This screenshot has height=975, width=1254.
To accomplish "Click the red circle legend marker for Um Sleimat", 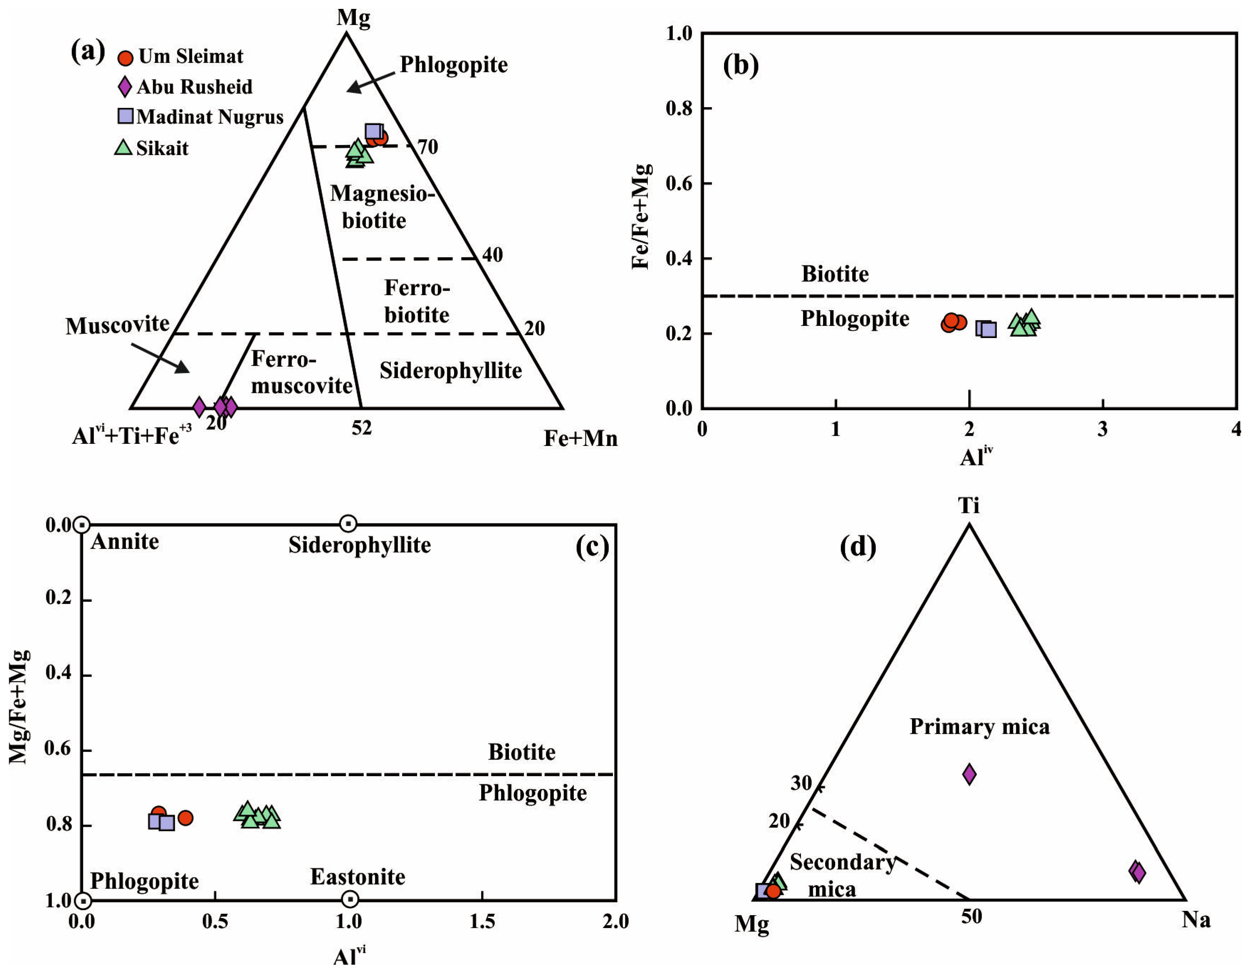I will [125, 57].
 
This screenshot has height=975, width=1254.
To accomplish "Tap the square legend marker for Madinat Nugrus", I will [125, 116].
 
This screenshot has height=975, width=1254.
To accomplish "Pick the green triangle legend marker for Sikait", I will [124, 147].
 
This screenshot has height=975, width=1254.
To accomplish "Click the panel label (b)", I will [741, 66].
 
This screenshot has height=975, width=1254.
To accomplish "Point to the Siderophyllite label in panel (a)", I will [451, 371].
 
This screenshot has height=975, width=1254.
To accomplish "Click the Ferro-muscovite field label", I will [301, 372].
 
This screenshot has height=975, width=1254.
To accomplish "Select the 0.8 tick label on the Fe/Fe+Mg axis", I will [680, 109].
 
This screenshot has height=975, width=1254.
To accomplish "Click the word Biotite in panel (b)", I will [835, 274].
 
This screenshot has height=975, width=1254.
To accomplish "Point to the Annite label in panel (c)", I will [125, 541].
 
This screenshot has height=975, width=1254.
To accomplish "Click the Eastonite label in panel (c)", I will [358, 877].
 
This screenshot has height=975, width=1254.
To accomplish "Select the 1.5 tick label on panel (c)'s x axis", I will [482, 922].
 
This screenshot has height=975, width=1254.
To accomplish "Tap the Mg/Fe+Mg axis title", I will [19, 706].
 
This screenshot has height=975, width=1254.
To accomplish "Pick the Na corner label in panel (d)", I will [1196, 920].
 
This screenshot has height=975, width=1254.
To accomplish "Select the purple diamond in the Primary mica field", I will [969, 774].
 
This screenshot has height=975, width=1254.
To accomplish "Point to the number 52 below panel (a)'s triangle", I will [362, 428].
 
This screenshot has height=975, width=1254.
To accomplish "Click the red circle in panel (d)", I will [774, 892].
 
